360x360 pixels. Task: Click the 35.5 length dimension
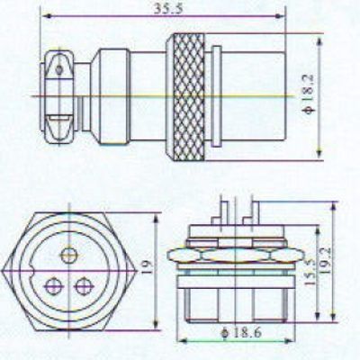click(168, 9)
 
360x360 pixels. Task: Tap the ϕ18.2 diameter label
click(309, 94)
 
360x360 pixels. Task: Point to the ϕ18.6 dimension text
click(241, 332)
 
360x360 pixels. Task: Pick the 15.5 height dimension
click(311, 272)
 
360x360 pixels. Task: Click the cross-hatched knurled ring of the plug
click(189, 97)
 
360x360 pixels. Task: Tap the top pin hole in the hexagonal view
click(69, 255)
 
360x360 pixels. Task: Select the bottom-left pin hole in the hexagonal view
click(54, 286)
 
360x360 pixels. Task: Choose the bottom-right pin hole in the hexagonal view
click(83, 286)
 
